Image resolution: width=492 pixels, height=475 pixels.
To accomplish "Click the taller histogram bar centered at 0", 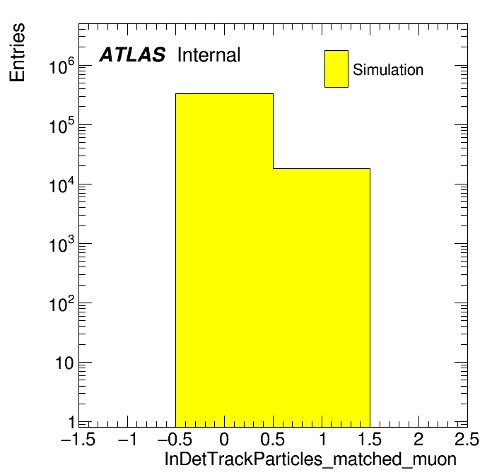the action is pyautogui.click(x=224, y=260).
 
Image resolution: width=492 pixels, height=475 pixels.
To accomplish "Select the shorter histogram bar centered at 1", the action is pyautogui.click(x=322, y=298).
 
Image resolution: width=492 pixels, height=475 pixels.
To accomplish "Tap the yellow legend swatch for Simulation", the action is pyautogui.click(x=336, y=69).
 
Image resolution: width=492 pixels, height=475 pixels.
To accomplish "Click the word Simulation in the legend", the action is pyautogui.click(x=388, y=69).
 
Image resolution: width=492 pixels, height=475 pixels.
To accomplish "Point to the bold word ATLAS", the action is pyautogui.click(x=132, y=54).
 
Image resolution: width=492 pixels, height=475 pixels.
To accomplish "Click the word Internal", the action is pyautogui.click(x=209, y=54).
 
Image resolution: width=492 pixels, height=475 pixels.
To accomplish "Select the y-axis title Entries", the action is pyautogui.click(x=17, y=52).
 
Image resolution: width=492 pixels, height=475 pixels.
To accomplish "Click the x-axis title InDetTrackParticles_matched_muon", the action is pyautogui.click(x=310, y=459).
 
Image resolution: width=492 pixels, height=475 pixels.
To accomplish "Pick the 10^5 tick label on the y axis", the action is pyautogui.click(x=61, y=126).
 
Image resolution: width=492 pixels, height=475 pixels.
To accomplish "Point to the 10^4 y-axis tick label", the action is pyautogui.click(x=61, y=185).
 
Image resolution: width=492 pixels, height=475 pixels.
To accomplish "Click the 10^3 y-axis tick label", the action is pyautogui.click(x=61, y=245).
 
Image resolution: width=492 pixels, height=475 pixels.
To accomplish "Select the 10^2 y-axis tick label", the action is pyautogui.click(x=61, y=304).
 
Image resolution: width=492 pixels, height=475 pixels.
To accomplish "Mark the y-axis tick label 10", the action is pyautogui.click(x=64, y=363).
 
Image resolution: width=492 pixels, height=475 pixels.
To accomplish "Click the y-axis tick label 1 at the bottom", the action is pyautogui.click(x=71, y=422).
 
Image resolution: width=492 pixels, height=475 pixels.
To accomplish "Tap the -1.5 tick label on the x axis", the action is pyautogui.click(x=78, y=439).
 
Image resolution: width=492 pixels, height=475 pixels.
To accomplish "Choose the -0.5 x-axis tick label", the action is pyautogui.click(x=175, y=439).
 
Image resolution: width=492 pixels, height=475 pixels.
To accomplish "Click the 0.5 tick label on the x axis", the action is pyautogui.click(x=273, y=439).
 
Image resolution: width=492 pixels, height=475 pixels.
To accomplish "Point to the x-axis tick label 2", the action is pyautogui.click(x=418, y=439).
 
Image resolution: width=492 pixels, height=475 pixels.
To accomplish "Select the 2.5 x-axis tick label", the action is pyautogui.click(x=467, y=439).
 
